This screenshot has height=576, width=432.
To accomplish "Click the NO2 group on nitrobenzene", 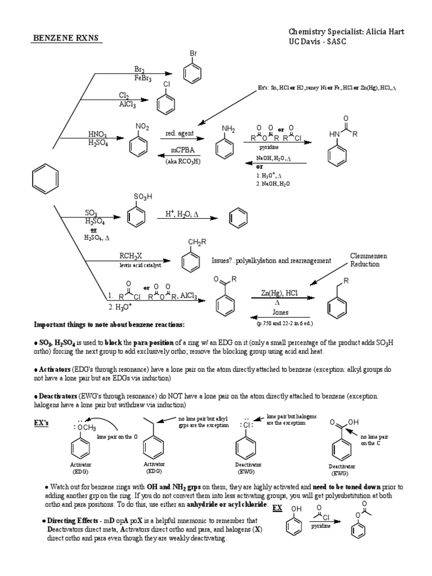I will [142, 128].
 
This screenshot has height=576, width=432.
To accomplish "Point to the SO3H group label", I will [142, 197].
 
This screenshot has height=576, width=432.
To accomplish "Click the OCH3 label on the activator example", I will [84, 429].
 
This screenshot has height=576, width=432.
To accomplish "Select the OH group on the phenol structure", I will [296, 509].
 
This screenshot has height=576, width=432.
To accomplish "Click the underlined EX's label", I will [42, 422].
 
